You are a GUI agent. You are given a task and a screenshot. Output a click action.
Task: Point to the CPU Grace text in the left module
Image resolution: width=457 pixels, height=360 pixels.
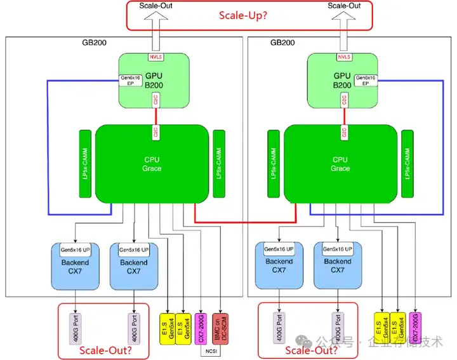tap(152, 164)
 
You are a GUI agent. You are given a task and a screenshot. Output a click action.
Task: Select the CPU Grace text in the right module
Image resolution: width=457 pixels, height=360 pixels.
tap(340, 164)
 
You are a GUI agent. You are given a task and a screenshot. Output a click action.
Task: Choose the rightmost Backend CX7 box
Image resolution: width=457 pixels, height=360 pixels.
tap(338, 265)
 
